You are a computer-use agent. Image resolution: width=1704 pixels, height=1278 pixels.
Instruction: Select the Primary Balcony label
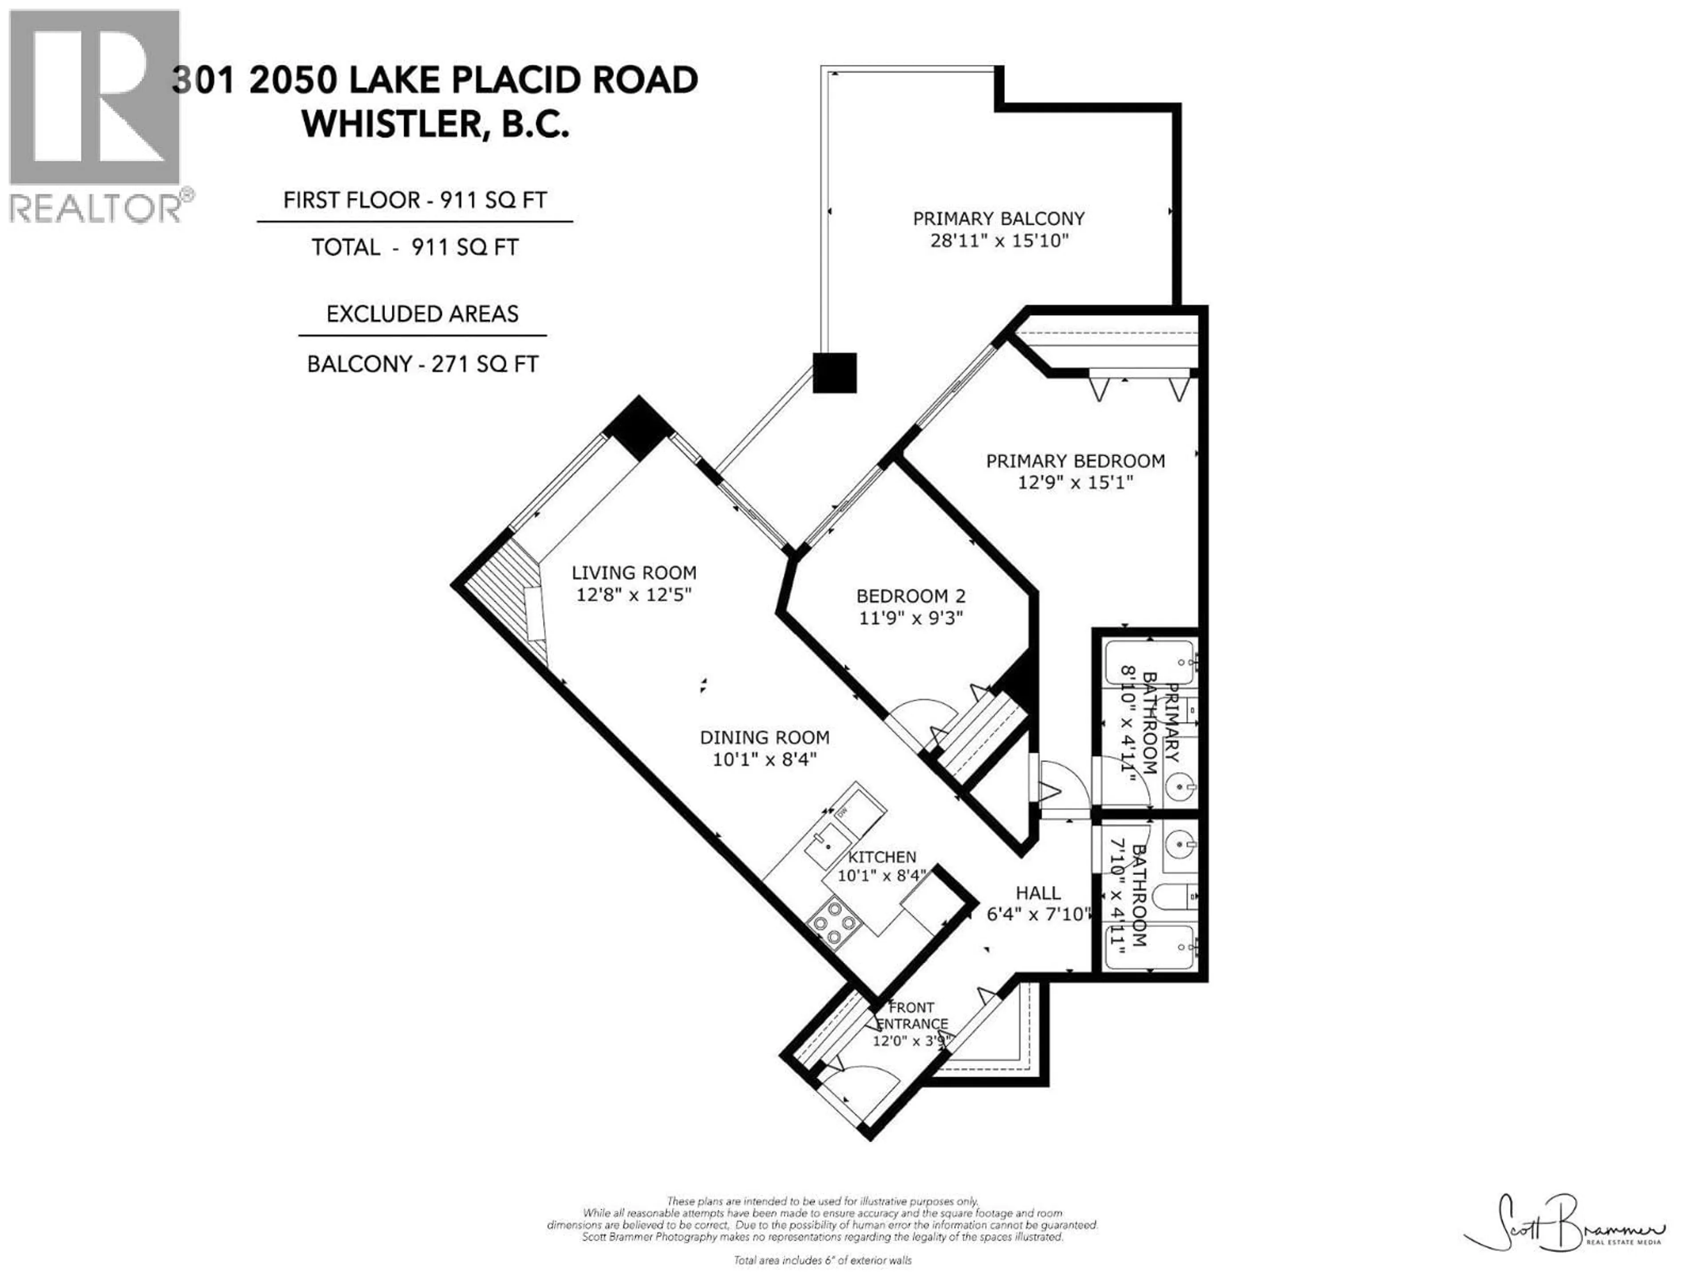(998, 219)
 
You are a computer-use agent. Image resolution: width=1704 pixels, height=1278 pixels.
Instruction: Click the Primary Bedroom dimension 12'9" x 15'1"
(1075, 482)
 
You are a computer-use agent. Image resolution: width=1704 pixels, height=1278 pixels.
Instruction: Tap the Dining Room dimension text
(764, 759)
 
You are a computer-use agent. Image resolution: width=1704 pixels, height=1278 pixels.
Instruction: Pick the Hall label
(1037, 893)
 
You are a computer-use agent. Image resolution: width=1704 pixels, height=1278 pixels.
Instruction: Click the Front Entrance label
(911, 1015)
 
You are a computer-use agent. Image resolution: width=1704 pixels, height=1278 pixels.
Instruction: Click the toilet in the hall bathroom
(1175, 896)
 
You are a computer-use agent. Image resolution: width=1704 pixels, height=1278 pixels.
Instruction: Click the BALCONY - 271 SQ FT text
(422, 363)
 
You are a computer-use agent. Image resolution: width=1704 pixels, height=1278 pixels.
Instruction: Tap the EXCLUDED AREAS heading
(422, 314)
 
